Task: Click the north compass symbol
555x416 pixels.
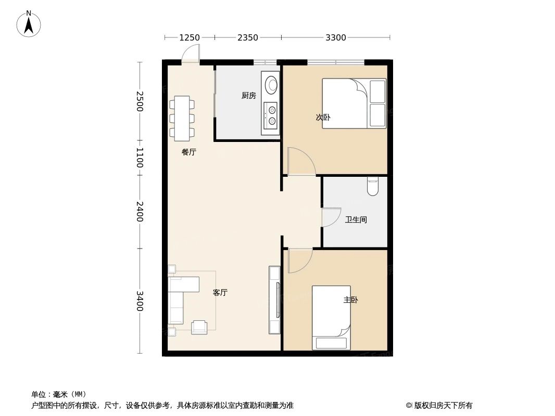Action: (29, 24)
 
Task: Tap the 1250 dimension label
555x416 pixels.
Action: (190, 37)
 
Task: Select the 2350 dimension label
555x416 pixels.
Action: (248, 37)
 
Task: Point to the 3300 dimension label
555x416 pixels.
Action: (336, 37)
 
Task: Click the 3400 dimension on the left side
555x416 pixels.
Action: (140, 301)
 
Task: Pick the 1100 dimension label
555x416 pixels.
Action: (140, 158)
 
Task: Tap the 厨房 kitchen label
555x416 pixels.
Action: (249, 96)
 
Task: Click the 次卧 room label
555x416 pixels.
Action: (323, 118)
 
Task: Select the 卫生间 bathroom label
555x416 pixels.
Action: (356, 220)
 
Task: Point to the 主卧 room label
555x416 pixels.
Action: (350, 300)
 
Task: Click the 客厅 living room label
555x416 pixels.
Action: (220, 293)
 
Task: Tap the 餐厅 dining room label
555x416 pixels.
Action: (189, 152)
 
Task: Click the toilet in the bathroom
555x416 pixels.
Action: (372, 186)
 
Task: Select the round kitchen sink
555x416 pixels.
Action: (272, 84)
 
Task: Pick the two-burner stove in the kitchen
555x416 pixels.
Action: (271, 115)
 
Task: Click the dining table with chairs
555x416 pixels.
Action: (182, 118)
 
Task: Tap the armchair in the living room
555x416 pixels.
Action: (199, 327)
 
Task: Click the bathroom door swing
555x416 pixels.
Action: (330, 217)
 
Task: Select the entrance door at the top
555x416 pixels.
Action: (191, 54)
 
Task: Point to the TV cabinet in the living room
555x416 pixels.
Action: (274, 300)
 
